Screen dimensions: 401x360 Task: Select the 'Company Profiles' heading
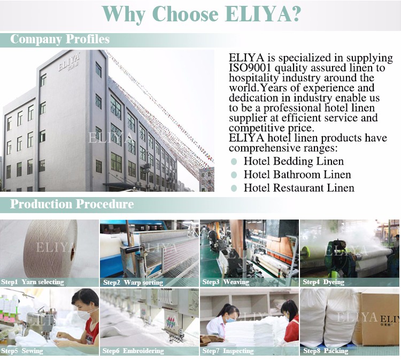[60, 39]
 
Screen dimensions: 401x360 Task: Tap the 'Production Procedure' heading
[72, 204]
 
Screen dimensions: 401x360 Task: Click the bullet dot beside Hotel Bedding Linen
[234, 161]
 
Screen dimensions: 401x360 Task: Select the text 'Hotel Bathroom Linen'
[297, 175]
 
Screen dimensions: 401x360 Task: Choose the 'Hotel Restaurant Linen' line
[299, 188]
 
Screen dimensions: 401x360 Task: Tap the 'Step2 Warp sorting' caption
[133, 283]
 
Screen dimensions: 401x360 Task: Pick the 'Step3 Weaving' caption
[226, 282]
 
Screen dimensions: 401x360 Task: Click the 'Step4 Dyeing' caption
[323, 282]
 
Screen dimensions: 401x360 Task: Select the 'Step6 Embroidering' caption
[133, 351]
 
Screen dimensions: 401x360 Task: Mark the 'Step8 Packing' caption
[326, 351]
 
